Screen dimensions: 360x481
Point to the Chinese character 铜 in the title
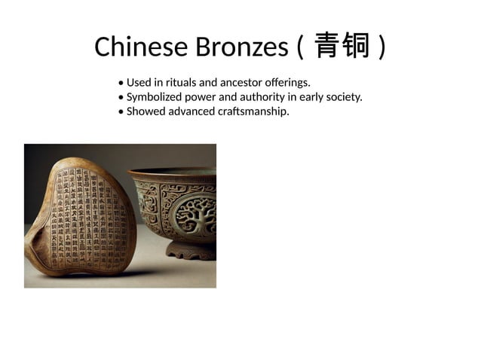(357, 47)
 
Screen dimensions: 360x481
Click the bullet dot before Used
(121, 83)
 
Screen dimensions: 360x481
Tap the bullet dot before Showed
(121, 112)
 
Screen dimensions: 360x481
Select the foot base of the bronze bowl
(192, 249)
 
